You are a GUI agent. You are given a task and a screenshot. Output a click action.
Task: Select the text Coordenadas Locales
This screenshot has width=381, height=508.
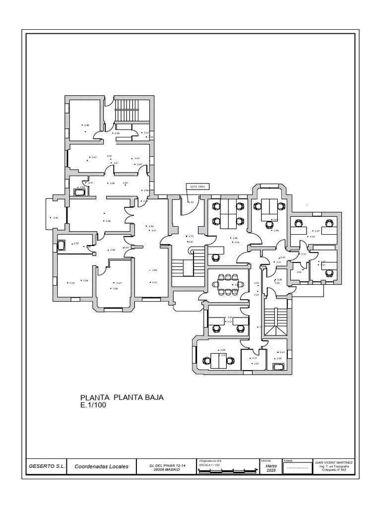pos(101,466)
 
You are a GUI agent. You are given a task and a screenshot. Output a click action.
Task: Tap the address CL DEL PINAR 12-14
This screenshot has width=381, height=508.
pos(164,465)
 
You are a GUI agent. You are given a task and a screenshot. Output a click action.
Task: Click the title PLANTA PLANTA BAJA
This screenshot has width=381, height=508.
pos(122,398)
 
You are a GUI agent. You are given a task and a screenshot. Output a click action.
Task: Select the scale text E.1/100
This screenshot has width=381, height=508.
pos(93,405)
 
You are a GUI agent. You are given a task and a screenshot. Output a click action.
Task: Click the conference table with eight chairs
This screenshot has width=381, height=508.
pos(228,284)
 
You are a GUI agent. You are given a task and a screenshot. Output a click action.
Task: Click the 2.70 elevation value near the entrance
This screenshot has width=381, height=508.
pos(190,236)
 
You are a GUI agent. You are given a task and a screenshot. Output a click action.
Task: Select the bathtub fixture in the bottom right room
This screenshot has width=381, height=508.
pos(278,367)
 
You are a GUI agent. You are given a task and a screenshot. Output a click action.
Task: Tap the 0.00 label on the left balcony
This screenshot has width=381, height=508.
pos(56,218)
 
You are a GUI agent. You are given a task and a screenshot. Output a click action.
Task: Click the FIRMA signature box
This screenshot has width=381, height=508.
pos(297,467)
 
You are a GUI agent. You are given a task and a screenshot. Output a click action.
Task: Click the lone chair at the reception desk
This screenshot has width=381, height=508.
pos(216,257)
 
